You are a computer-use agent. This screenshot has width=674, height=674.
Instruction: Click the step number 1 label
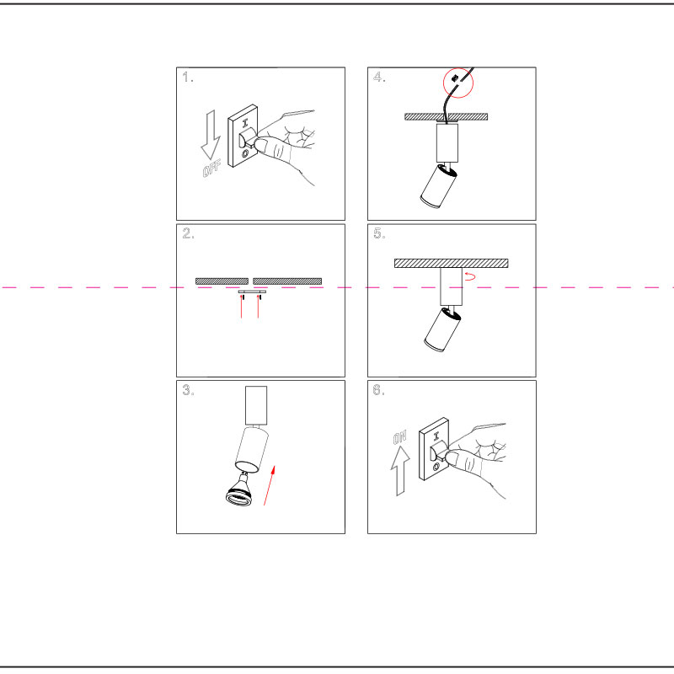click(x=187, y=77)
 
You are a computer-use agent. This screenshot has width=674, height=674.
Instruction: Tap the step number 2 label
click(x=188, y=233)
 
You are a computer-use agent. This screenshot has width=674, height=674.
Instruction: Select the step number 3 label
click(x=188, y=390)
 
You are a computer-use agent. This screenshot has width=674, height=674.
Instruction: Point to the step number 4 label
click(x=379, y=77)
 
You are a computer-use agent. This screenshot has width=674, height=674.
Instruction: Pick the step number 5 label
click(x=379, y=233)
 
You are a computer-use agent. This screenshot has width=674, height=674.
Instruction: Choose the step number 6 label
click(x=378, y=390)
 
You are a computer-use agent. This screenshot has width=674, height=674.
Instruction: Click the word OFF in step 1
click(x=211, y=168)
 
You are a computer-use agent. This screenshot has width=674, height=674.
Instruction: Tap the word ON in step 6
click(x=399, y=437)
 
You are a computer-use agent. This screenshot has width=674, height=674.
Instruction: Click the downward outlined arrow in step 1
click(x=211, y=135)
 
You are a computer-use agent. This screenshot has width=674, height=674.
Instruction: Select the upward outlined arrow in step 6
click(x=400, y=471)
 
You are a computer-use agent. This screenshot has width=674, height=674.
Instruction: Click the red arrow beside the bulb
click(x=269, y=485)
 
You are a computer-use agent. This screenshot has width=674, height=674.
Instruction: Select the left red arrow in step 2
click(x=242, y=307)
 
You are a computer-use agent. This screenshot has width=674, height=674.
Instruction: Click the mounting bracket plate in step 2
click(x=252, y=292)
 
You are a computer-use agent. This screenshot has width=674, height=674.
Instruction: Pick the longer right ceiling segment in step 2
click(x=287, y=281)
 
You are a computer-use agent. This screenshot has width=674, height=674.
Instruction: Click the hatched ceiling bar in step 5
click(x=452, y=263)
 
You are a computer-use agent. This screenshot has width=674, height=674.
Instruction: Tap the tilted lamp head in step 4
click(x=438, y=186)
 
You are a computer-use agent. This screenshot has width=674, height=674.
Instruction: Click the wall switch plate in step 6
click(x=435, y=449)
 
